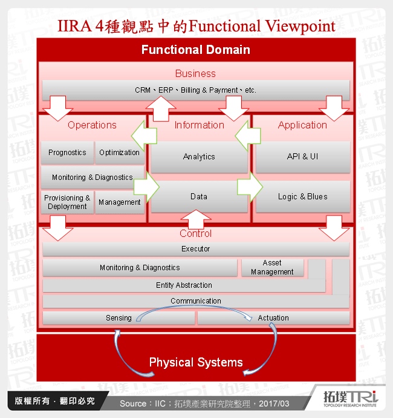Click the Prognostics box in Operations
(x=67, y=153)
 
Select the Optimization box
(x=120, y=153)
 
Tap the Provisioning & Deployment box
(x=67, y=202)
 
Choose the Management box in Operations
(x=120, y=202)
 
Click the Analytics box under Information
(x=199, y=157)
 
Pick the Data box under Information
(x=199, y=197)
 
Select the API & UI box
(x=302, y=157)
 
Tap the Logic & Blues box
(x=302, y=197)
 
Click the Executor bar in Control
(x=196, y=249)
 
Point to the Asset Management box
(x=272, y=268)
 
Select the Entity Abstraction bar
(x=184, y=285)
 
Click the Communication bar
(x=196, y=301)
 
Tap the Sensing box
(x=119, y=318)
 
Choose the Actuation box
(x=273, y=318)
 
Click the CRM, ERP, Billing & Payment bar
(x=196, y=90)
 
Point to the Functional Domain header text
(x=196, y=50)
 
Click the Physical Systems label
(x=196, y=363)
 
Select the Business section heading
(x=195, y=73)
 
